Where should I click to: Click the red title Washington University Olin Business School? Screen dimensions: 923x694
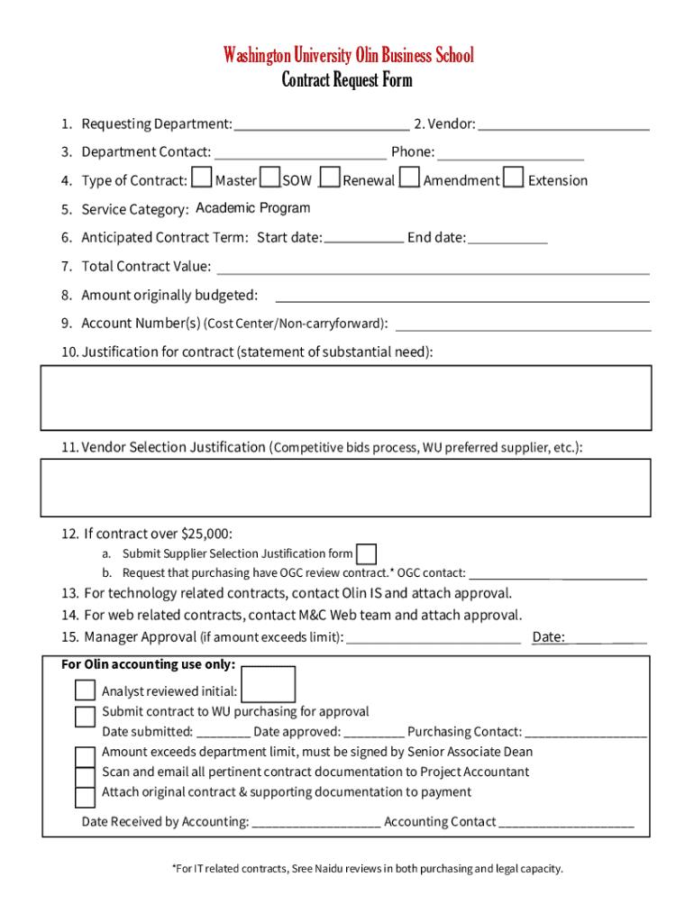click(x=348, y=56)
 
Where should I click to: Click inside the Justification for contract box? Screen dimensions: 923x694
click(x=345, y=398)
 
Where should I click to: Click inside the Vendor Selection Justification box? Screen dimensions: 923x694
click(x=345, y=488)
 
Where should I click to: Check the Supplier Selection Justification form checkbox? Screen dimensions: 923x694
click(x=366, y=553)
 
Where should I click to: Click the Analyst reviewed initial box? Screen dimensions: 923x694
click(x=269, y=685)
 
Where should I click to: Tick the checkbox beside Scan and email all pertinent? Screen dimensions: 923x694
click(x=85, y=776)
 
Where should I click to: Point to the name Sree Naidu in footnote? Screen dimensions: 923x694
click(x=313, y=869)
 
